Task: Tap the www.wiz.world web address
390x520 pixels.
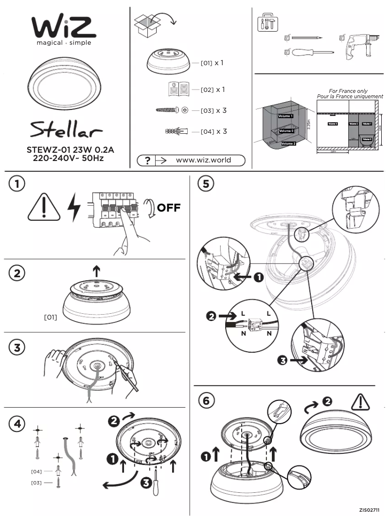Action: tap(203, 160)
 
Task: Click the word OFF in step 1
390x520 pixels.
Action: tap(168, 208)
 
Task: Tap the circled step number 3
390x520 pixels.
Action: tap(17, 348)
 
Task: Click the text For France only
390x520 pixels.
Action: tap(348, 91)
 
